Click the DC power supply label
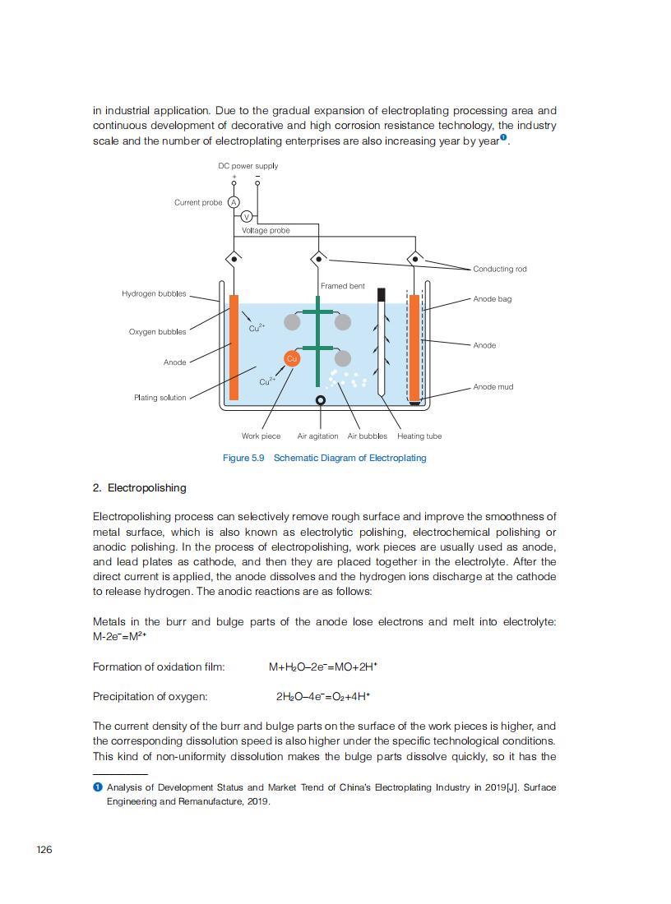tap(248, 165)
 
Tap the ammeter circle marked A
tap(234, 202)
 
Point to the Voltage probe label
tap(266, 231)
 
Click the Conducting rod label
tap(500, 269)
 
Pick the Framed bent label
tap(342, 286)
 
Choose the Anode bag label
tap(493, 299)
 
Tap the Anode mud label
tap(493, 386)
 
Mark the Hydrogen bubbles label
tap(154, 293)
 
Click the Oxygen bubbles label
tap(157, 332)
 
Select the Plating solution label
tap(160, 398)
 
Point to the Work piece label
tap(261, 436)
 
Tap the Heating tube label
tap(419, 436)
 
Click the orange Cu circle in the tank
tap(291, 357)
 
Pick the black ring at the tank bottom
tap(321, 400)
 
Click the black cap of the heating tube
tap(381, 293)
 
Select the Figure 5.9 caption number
tap(243, 458)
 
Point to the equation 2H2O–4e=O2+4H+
tap(323, 697)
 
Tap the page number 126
tap(44, 849)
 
